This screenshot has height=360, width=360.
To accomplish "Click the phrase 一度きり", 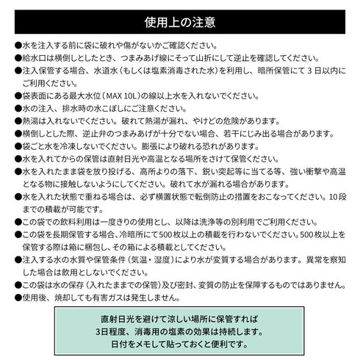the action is tap(126, 221).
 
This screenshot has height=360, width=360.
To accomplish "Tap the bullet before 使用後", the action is tap(18, 298).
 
